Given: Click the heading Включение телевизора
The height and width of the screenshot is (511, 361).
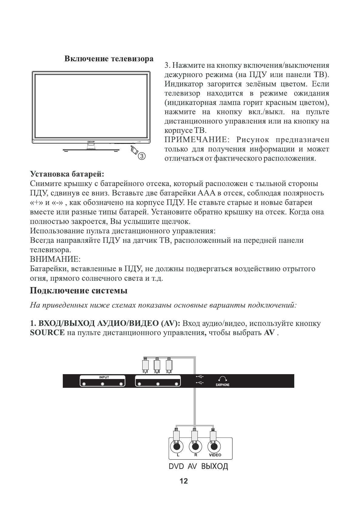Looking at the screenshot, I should [109, 59].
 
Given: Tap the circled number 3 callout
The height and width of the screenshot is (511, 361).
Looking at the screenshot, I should [142, 156].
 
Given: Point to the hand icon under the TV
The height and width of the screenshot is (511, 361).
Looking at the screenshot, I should [134, 150].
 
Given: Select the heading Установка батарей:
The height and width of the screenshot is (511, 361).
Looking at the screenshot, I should [67, 174].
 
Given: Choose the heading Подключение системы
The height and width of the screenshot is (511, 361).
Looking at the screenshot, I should [79, 290].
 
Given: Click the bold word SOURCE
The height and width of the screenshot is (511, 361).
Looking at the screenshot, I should [47, 333].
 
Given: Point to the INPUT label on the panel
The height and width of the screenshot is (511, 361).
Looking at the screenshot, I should [104, 377].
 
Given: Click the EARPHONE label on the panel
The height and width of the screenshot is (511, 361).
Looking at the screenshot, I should [223, 385].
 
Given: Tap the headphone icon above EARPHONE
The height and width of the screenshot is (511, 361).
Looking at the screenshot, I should [223, 379].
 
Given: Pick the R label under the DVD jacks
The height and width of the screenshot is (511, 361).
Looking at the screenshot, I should [196, 455].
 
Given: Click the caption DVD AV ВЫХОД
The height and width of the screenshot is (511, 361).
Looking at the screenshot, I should [198, 466].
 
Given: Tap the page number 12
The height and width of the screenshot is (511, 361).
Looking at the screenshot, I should [184, 481].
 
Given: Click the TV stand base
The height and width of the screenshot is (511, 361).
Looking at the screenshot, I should [90, 150].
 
